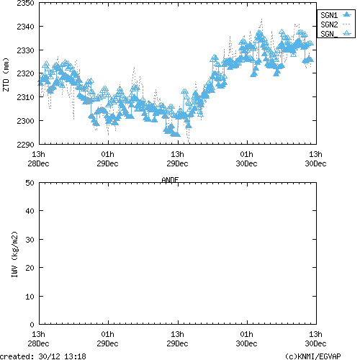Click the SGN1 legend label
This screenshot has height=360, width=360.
(329, 14)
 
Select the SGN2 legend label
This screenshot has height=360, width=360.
(329, 24)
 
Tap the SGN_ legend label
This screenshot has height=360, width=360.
(329, 34)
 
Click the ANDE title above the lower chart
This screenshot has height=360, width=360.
(171, 179)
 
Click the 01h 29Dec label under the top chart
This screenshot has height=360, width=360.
(107, 158)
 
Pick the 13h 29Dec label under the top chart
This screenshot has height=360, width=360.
(177, 158)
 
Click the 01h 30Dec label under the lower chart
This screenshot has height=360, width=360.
(246, 339)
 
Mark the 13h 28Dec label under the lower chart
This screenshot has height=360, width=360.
(38, 339)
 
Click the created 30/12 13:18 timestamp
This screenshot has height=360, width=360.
(43, 356)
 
